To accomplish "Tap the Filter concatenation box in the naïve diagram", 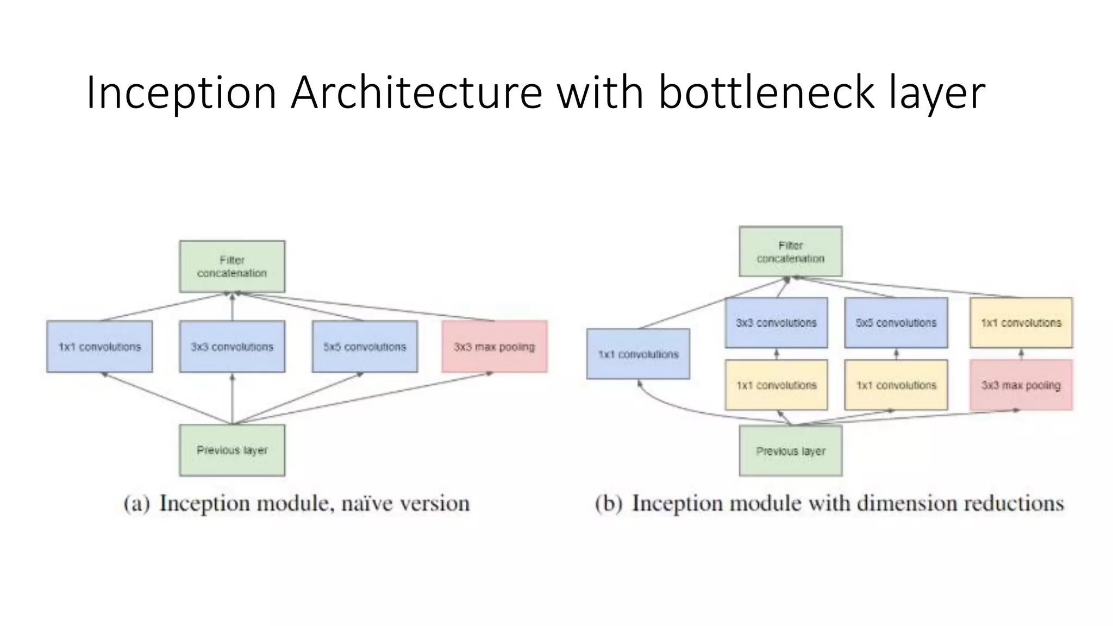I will [232, 266].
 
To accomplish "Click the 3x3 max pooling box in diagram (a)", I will [494, 346].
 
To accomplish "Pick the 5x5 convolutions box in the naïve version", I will [365, 346].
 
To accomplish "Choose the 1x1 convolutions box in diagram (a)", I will [99, 346].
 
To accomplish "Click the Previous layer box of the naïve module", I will [232, 450].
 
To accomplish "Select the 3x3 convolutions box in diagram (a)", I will [232, 346].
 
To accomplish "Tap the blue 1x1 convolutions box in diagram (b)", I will [638, 354].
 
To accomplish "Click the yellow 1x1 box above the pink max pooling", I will [1021, 322].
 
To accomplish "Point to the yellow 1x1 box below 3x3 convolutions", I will [776, 385].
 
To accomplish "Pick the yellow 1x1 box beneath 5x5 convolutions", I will [896, 385].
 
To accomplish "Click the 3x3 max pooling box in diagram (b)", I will [1021, 385].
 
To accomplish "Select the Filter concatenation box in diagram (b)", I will [790, 252].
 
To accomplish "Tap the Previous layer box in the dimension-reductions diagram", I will [790, 450].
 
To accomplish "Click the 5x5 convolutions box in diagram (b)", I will [896, 322].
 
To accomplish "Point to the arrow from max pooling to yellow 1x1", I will [1021, 354].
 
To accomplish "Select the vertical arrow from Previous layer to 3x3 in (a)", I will [232, 398].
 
